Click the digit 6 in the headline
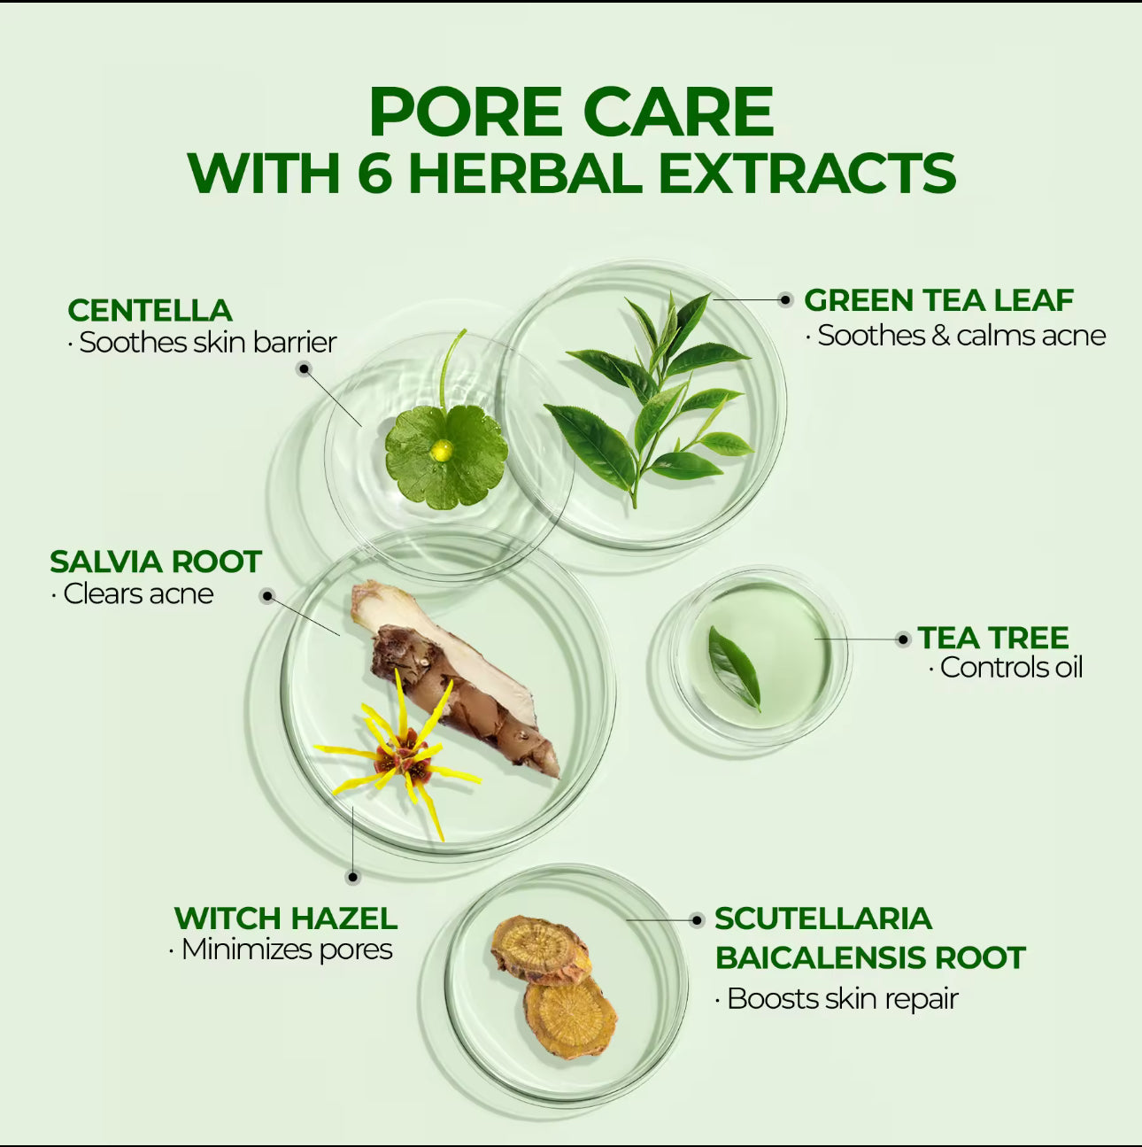click(x=375, y=173)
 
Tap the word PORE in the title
click(x=465, y=112)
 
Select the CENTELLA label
click(x=150, y=310)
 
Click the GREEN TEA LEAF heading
click(x=939, y=300)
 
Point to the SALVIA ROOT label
click(x=156, y=562)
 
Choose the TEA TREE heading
click(x=993, y=638)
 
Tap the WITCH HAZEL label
click(x=286, y=918)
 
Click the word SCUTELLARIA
click(x=823, y=918)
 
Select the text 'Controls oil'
click(x=1011, y=667)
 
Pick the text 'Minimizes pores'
click(x=287, y=949)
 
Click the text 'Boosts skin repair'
click(x=843, y=998)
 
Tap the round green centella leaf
click(x=446, y=456)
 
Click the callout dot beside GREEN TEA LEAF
click(x=786, y=300)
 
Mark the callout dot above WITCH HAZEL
click(x=353, y=878)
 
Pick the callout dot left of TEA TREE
click(x=903, y=639)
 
